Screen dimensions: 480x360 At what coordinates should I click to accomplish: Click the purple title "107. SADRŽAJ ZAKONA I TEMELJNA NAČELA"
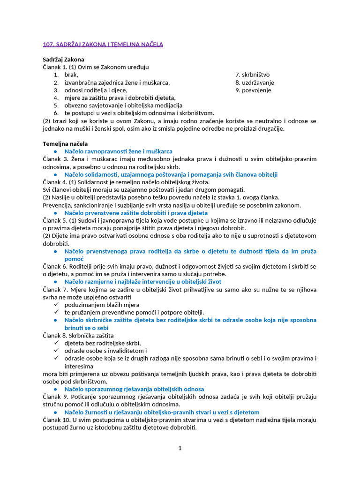point(103,45)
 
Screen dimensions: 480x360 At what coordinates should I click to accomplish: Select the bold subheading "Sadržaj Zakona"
point(64,60)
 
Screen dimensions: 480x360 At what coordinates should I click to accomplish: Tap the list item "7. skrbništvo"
point(252,75)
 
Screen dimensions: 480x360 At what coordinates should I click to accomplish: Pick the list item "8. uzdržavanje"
point(255,82)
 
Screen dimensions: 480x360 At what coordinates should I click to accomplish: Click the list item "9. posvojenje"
point(253,90)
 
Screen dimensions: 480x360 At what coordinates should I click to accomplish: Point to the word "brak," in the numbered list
point(71,75)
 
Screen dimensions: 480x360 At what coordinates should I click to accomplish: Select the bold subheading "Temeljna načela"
point(65,143)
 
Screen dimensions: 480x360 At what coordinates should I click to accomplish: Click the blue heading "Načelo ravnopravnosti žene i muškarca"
point(118,151)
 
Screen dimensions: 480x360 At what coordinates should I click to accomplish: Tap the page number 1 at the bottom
point(180,449)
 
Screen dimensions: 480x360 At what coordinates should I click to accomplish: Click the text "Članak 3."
point(54,159)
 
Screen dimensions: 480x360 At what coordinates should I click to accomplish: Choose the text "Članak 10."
point(56,420)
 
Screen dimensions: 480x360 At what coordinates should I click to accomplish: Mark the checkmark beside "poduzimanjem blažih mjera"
point(55,305)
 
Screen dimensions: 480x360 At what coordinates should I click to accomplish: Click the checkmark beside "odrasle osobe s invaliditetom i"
point(55,351)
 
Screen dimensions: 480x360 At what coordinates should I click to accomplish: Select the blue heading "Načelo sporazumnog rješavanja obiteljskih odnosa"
point(134,389)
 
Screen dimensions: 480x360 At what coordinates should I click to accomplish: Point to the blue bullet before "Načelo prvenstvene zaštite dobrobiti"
point(55,213)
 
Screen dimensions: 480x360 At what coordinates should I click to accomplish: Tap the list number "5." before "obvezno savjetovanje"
point(56,105)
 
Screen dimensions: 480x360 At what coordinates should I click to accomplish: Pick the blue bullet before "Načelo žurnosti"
point(55,412)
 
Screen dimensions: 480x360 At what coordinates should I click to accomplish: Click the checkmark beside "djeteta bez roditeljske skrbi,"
point(55,343)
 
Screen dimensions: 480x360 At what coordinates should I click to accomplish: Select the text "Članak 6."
point(54,266)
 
